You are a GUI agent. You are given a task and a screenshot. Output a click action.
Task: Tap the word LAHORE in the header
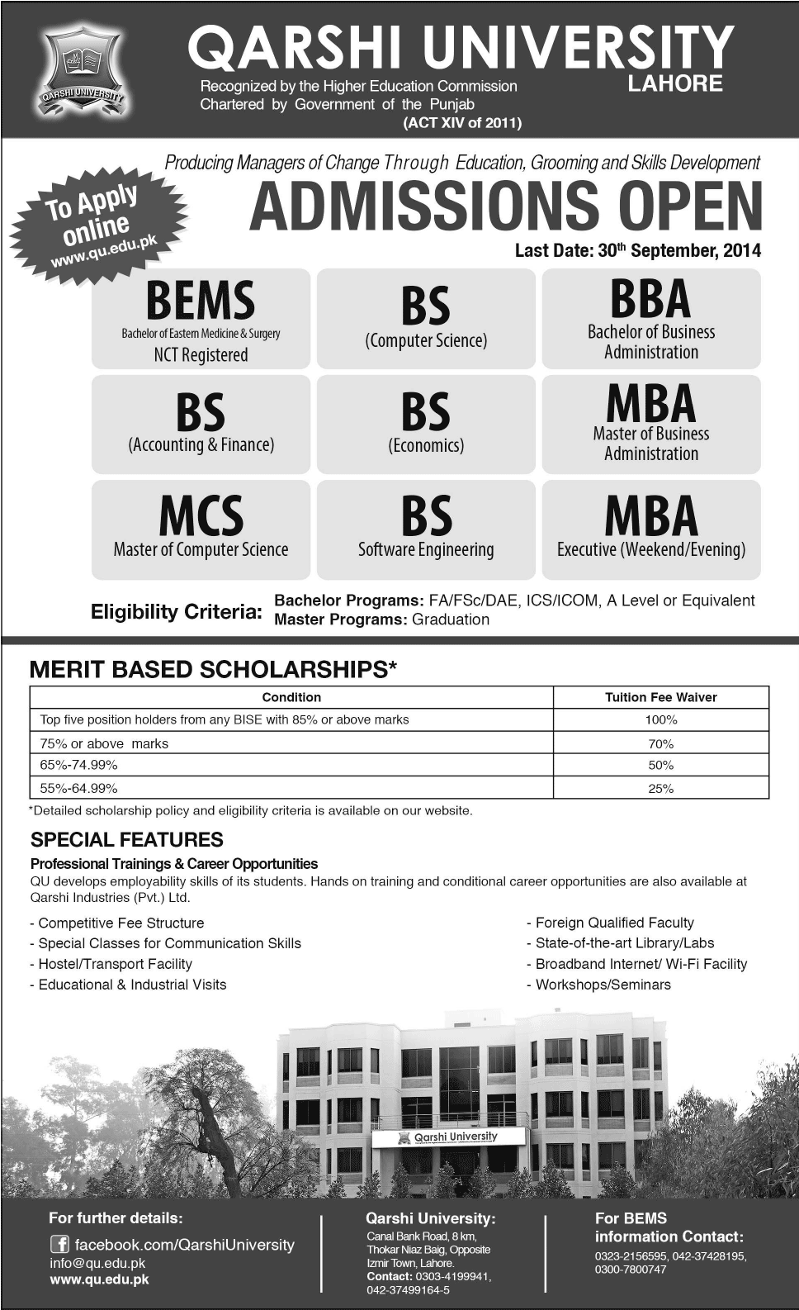[675, 83]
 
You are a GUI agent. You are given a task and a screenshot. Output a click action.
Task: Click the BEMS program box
[201, 320]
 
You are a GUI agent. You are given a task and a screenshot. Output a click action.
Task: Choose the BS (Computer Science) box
[426, 320]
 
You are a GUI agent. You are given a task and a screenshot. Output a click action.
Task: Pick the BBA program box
[651, 320]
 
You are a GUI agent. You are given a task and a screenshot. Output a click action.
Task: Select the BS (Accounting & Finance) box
[201, 425]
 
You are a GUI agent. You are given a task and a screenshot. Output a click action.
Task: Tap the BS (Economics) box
[426, 425]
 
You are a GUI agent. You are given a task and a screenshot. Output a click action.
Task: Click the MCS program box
[201, 529]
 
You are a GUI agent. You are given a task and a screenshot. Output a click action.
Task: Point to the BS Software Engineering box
[426, 529]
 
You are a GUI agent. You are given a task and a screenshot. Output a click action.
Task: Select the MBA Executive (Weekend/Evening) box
[651, 529]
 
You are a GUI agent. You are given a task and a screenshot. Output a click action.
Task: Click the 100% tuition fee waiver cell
[660, 720]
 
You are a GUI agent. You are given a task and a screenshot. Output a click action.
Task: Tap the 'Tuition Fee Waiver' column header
[660, 697]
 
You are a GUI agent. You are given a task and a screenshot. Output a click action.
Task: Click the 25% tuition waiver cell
[660, 789]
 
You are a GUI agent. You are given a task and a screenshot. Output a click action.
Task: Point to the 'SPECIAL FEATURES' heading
[127, 840]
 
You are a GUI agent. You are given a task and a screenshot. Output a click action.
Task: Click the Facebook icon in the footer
[59, 1245]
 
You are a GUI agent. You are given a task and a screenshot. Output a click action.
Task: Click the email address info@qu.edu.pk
[97, 1263]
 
